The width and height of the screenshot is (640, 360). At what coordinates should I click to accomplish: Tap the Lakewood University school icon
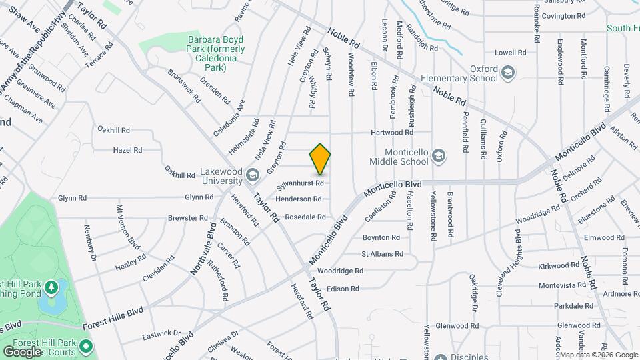pos(252,175)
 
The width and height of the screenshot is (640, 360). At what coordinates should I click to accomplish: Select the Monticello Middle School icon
pos(438,156)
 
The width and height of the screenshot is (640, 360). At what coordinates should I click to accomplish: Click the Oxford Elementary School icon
pos(507,72)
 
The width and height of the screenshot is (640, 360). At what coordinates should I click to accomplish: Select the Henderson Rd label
pos(298,199)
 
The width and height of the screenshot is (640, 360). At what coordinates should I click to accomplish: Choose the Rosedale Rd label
pos(305,217)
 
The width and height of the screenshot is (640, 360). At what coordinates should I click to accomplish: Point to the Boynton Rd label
pos(381,237)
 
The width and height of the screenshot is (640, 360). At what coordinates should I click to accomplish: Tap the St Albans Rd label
pos(382,254)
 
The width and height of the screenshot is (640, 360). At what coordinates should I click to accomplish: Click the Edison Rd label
pos(343,289)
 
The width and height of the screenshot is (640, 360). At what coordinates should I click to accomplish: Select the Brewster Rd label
pos(187,218)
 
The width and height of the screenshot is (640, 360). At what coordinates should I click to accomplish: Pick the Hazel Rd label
pos(127,150)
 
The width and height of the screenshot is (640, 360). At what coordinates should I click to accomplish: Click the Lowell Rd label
pos(511,52)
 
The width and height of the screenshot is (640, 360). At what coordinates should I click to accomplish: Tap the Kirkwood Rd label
pos(558,265)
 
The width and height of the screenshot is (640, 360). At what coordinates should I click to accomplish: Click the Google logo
pos(22,351)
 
